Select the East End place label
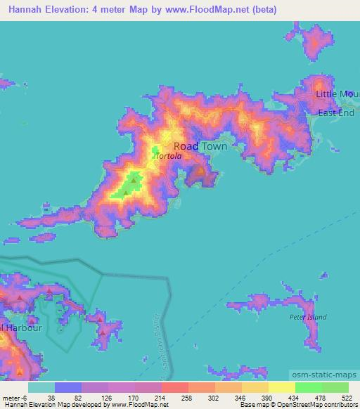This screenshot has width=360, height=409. pyautogui.click(x=335, y=112)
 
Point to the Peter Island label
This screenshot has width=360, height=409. pyautogui.click(x=308, y=318)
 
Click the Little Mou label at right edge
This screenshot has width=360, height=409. pyautogui.click(x=337, y=94)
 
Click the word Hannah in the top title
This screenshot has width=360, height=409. pyautogui.click(x=28, y=10)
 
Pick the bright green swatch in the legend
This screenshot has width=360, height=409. pyautogui.click(x=309, y=387)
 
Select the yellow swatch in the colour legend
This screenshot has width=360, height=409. pyautogui.click(x=282, y=387)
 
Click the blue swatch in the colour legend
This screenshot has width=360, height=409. pyautogui.click(x=68, y=387)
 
